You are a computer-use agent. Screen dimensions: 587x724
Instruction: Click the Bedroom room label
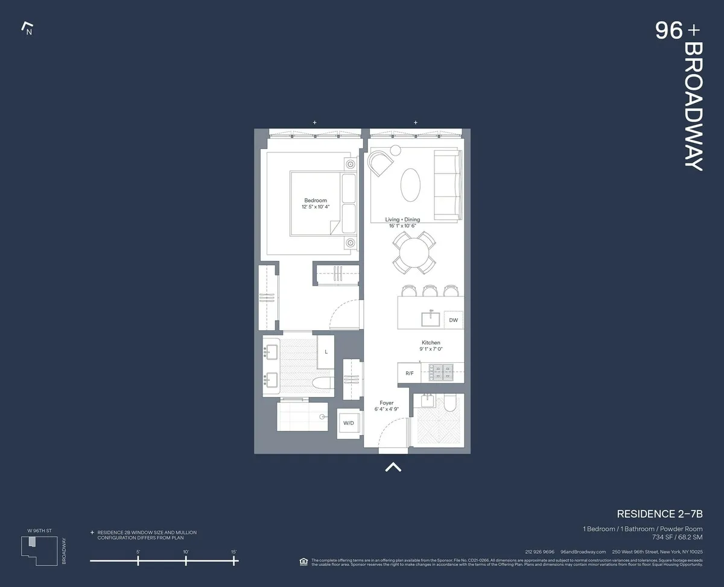tap(315, 201)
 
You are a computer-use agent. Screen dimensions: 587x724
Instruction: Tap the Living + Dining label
tap(402, 220)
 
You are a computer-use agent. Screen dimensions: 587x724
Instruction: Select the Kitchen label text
tap(431, 343)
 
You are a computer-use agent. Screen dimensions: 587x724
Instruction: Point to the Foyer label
tap(386, 403)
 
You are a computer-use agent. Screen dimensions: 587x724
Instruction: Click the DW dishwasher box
tap(453, 320)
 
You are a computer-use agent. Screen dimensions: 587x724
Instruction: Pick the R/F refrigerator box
tap(410, 374)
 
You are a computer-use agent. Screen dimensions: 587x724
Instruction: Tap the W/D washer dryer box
tap(349, 423)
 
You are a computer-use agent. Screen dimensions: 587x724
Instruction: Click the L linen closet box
tap(326, 351)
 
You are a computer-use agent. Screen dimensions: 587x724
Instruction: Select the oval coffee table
tap(411, 185)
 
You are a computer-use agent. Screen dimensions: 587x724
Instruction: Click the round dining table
tap(413, 252)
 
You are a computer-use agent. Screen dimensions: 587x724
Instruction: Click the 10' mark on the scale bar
tap(186, 560)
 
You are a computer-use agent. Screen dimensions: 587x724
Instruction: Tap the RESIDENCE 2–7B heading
tap(659, 514)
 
